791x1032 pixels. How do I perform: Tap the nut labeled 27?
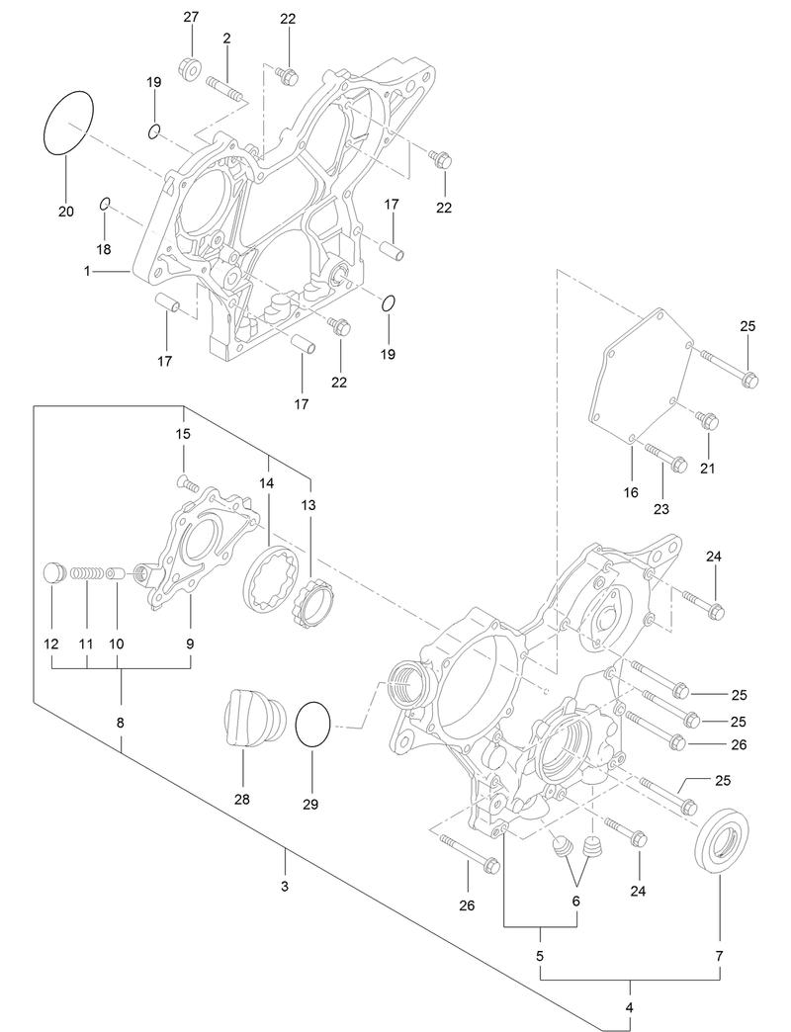[x=191, y=68]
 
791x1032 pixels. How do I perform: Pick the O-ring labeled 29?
[x=311, y=726]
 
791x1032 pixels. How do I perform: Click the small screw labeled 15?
[x=185, y=482]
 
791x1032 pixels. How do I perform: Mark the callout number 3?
[x=284, y=887]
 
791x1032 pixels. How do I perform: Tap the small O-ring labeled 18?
[x=104, y=205]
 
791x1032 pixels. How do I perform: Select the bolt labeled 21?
[x=708, y=421]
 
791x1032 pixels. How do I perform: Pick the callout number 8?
[x=120, y=723]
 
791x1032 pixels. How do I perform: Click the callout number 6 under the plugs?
[x=576, y=901]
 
